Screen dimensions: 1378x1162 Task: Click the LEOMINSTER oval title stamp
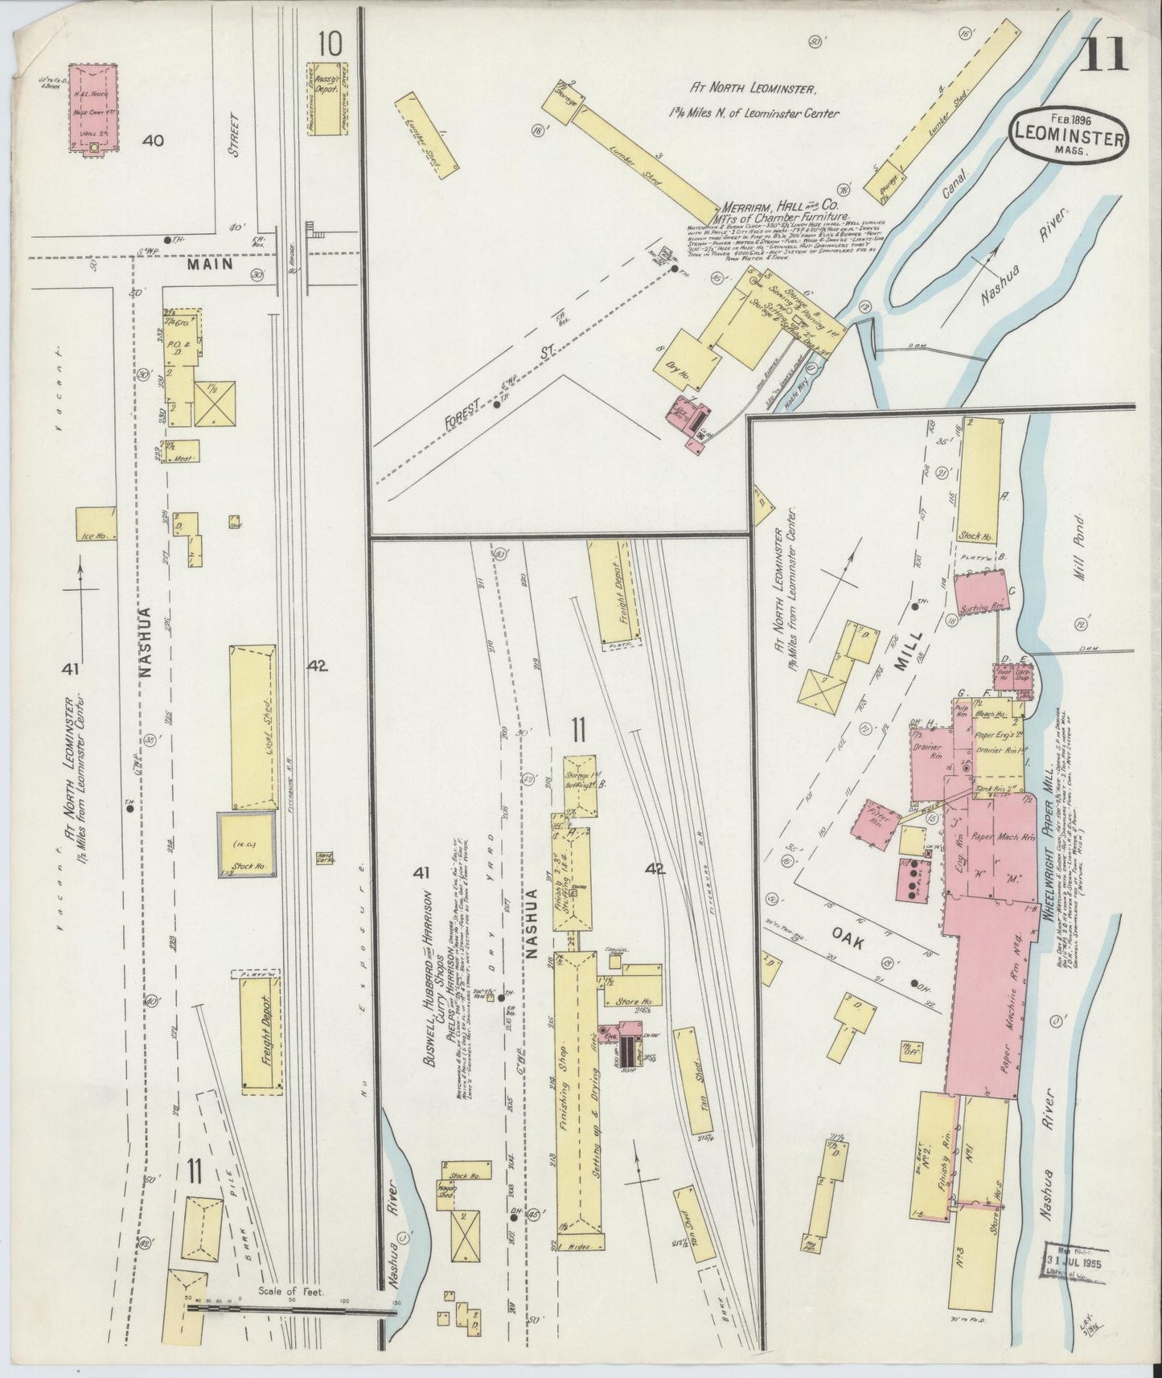coord(1068,137)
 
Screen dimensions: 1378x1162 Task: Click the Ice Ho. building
coord(96,523)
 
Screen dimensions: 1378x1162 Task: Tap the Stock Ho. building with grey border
coord(247,844)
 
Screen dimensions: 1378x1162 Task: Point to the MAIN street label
coord(211,264)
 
